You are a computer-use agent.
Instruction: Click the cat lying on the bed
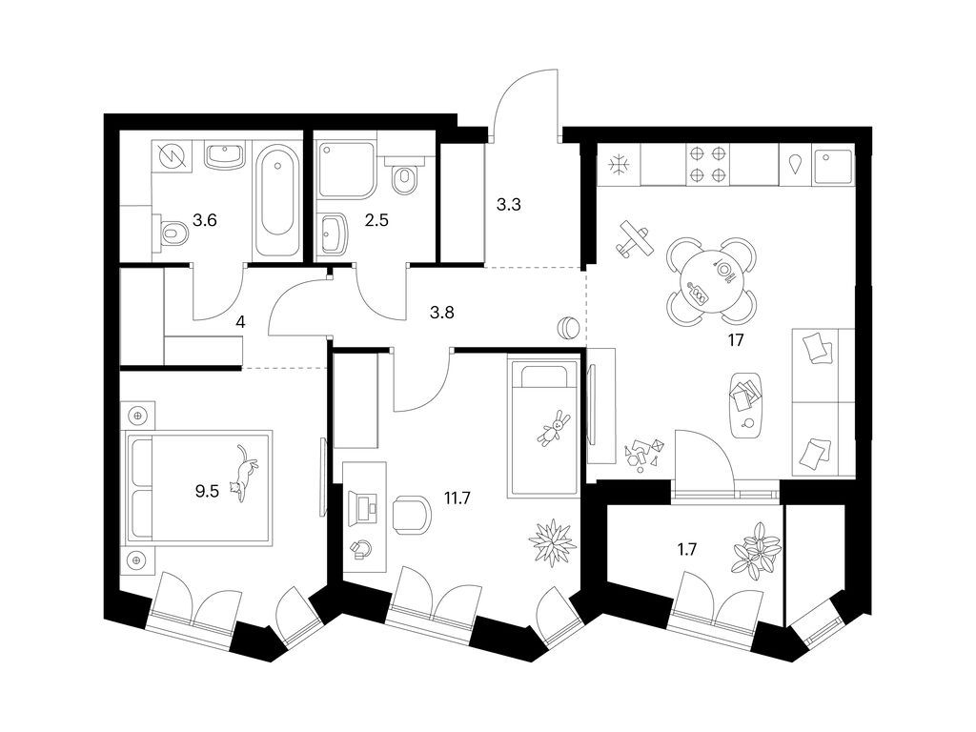point(245,471)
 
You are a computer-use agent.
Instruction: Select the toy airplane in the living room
point(634,239)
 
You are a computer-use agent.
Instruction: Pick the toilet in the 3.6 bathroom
point(172,232)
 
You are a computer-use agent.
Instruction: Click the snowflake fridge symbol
point(620,164)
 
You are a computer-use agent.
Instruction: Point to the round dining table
point(712,280)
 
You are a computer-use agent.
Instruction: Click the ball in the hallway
point(567,328)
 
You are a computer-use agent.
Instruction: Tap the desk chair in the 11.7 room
point(412,514)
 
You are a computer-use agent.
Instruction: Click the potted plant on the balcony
point(754,552)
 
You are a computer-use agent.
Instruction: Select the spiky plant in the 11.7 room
point(552,541)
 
